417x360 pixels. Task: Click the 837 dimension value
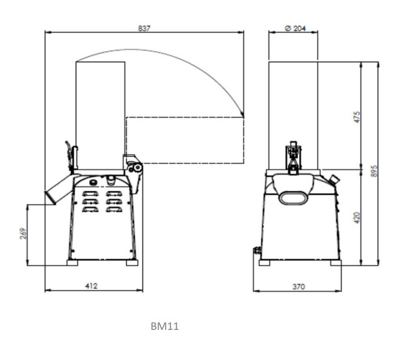click(144, 28)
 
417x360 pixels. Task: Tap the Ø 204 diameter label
click(295, 28)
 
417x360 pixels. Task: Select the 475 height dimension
click(357, 117)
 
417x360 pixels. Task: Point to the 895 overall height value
click(374, 172)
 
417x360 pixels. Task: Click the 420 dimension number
click(357, 218)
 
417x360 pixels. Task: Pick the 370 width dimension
click(298, 287)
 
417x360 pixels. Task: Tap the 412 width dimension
click(91, 286)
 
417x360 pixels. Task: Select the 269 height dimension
click(23, 234)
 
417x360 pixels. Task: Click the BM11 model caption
click(165, 326)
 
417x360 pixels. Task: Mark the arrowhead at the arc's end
click(242, 114)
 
